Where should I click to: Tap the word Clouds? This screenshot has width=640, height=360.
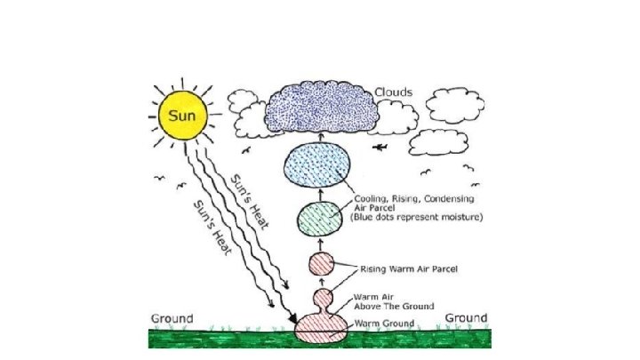393,92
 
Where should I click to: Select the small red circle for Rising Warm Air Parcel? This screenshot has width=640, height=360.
321,263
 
